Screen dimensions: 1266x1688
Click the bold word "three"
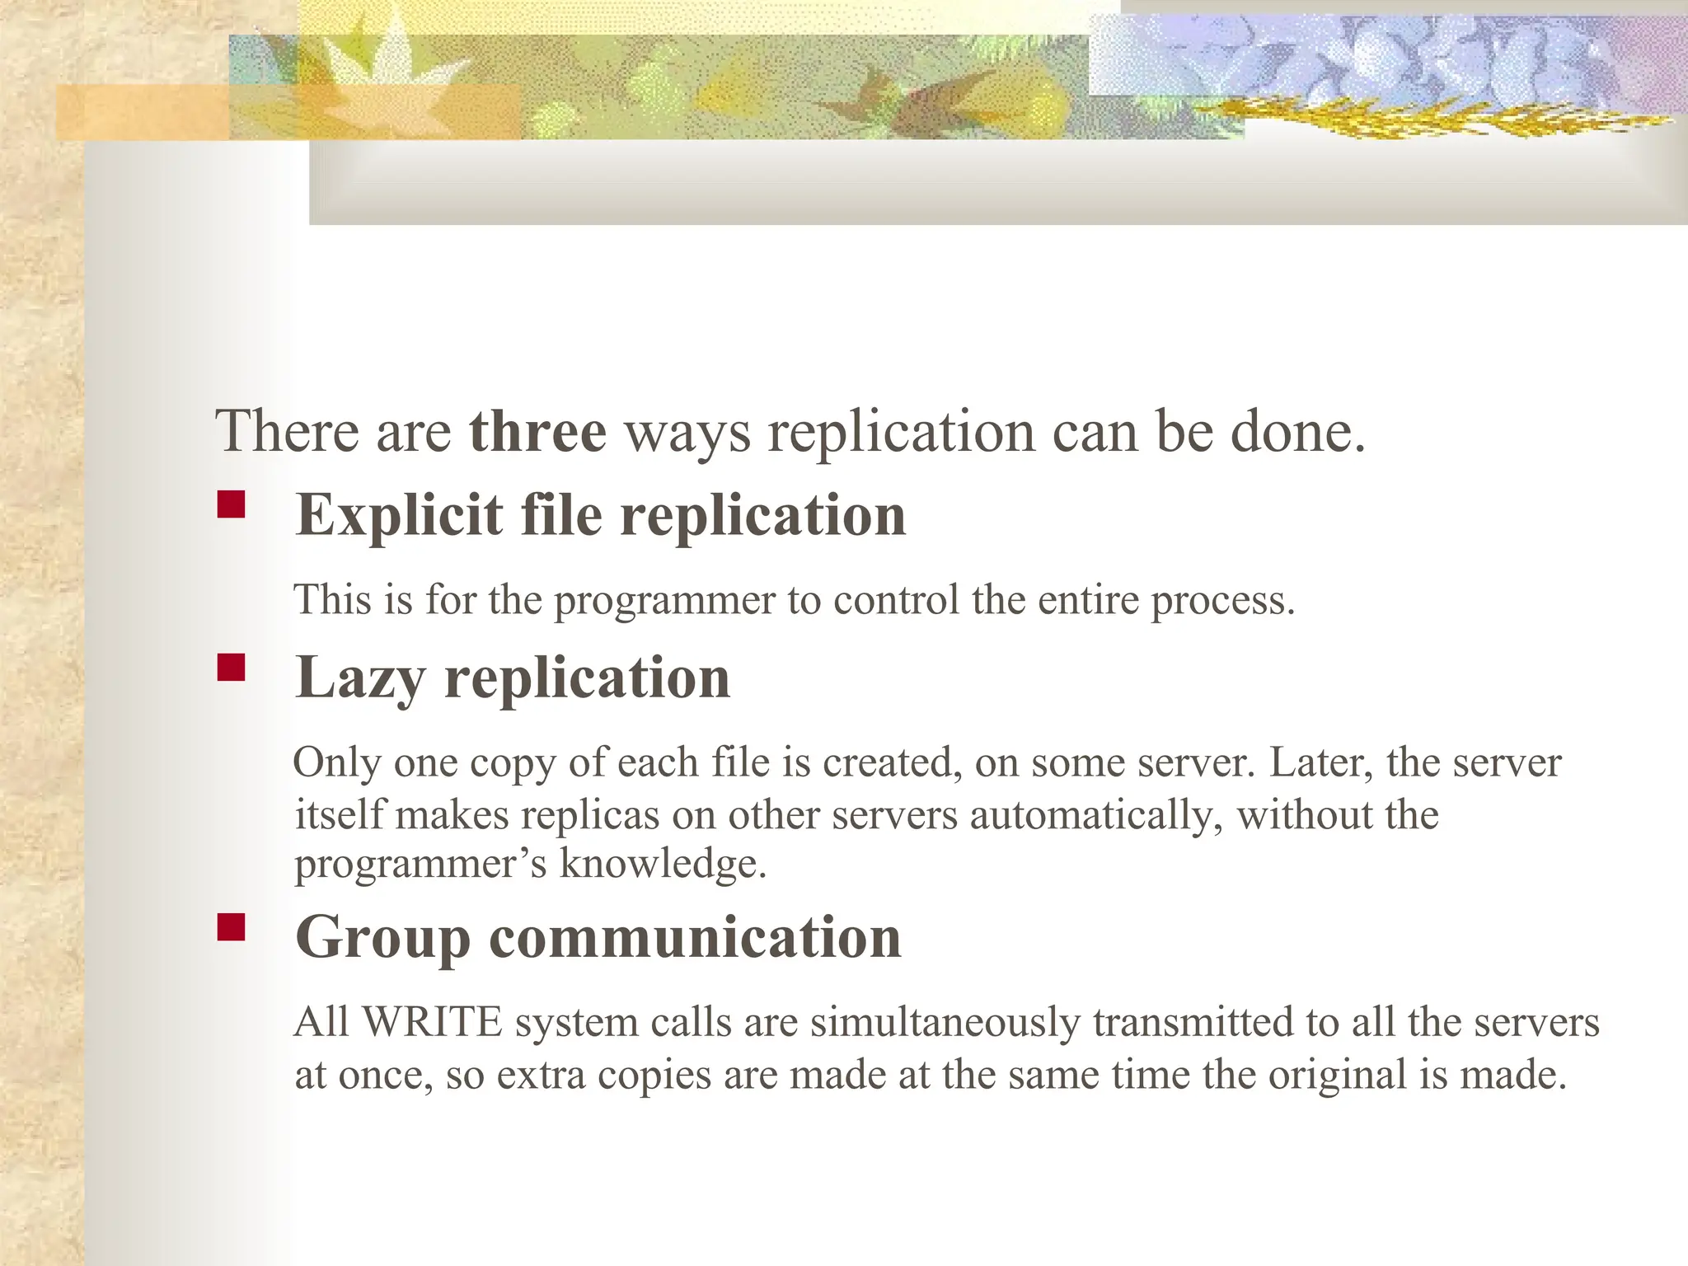tap(537, 431)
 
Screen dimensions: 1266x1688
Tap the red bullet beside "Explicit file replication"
tap(232, 504)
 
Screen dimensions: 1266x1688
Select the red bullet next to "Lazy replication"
tap(232, 667)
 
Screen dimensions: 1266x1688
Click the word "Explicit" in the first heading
tap(399, 515)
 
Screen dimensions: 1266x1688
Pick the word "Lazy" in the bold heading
tap(360, 678)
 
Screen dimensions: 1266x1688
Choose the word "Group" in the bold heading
tap(382, 938)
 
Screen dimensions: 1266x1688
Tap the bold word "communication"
tap(695, 937)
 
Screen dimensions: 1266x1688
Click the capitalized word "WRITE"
tap(432, 1022)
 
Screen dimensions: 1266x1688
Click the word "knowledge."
tap(663, 863)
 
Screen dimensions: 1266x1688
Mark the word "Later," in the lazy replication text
tap(1320, 762)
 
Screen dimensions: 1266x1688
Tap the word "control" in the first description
tap(896, 599)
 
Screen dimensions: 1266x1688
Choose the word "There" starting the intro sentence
tap(288, 431)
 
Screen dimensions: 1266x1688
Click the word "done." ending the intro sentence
tap(1298, 431)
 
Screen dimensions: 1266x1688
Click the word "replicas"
tap(589, 815)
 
